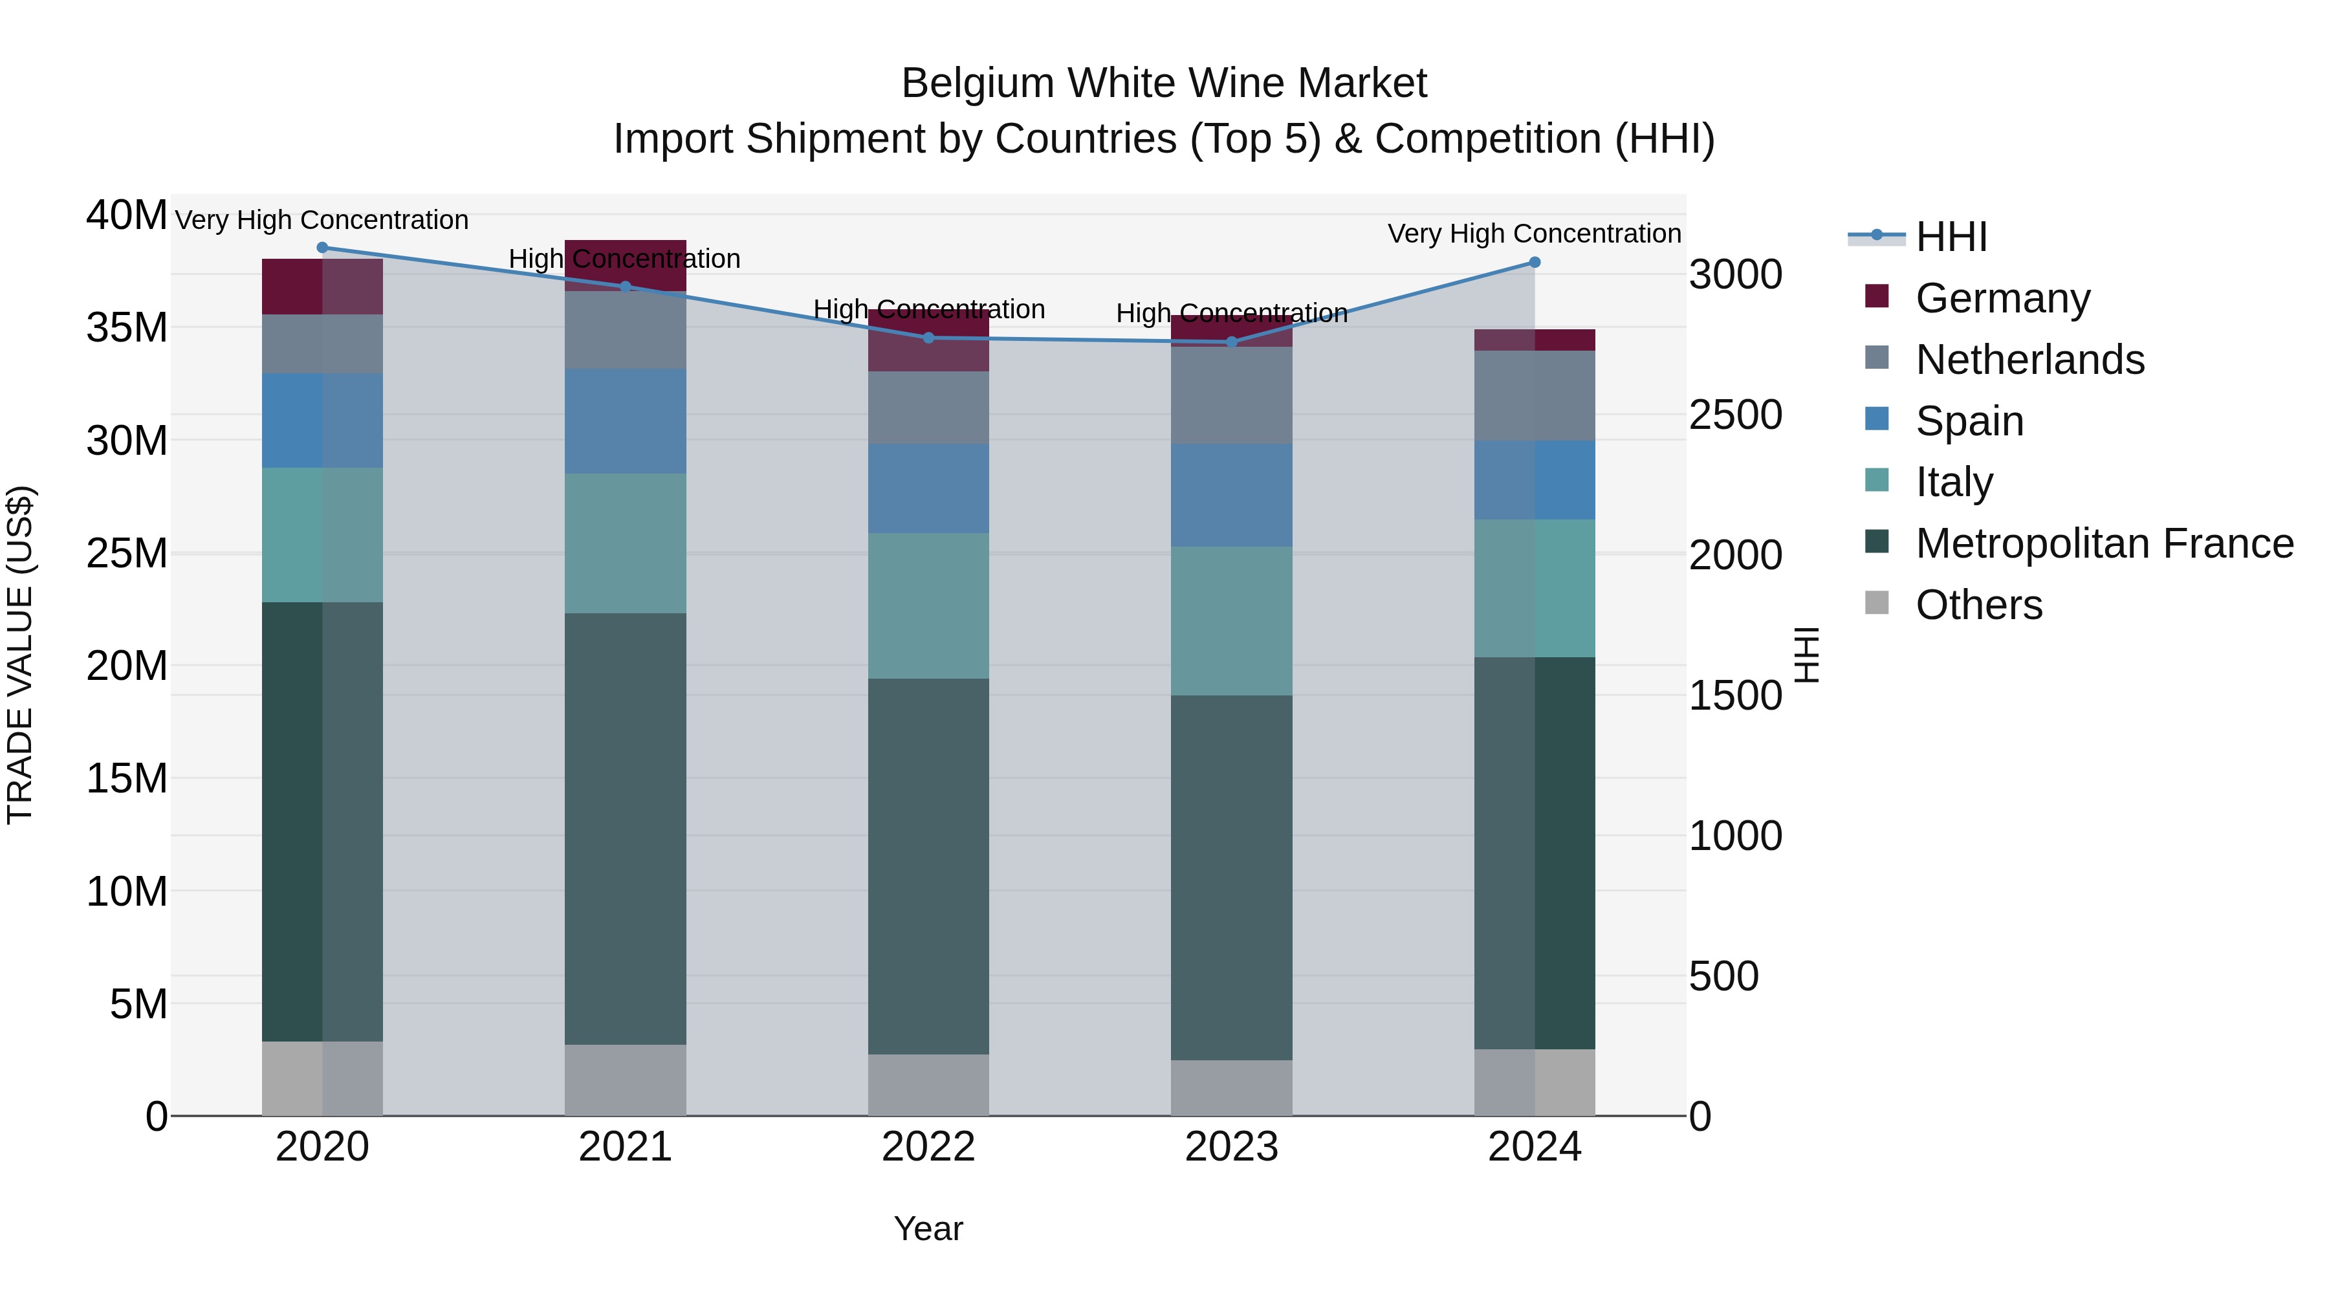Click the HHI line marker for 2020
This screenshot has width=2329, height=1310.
coord(323,248)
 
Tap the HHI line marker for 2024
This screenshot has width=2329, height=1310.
coord(1535,262)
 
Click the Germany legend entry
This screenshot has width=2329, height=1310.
coord(2002,298)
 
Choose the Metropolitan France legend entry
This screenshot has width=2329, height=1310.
coord(2103,543)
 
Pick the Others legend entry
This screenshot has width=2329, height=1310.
coord(1978,605)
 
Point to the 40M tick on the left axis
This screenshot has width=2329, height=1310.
coord(127,215)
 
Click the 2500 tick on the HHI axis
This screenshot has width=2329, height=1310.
coord(1736,415)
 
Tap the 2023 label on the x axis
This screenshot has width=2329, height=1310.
coord(1231,1147)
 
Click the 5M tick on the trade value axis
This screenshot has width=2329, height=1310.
coord(138,1003)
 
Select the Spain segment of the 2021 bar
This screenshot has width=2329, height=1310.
coord(626,421)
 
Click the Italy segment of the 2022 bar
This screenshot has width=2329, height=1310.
coord(928,606)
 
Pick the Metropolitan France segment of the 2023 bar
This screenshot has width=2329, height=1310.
coord(1231,877)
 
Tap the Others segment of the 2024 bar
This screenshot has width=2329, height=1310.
coord(1535,1082)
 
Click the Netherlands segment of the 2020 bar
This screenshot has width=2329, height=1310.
coord(323,344)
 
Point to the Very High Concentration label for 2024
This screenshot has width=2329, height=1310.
coord(1535,234)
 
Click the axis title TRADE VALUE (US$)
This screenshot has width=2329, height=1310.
coord(20,655)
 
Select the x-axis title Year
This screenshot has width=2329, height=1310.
coord(928,1228)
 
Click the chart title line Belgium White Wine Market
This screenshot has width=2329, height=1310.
coord(1164,83)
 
